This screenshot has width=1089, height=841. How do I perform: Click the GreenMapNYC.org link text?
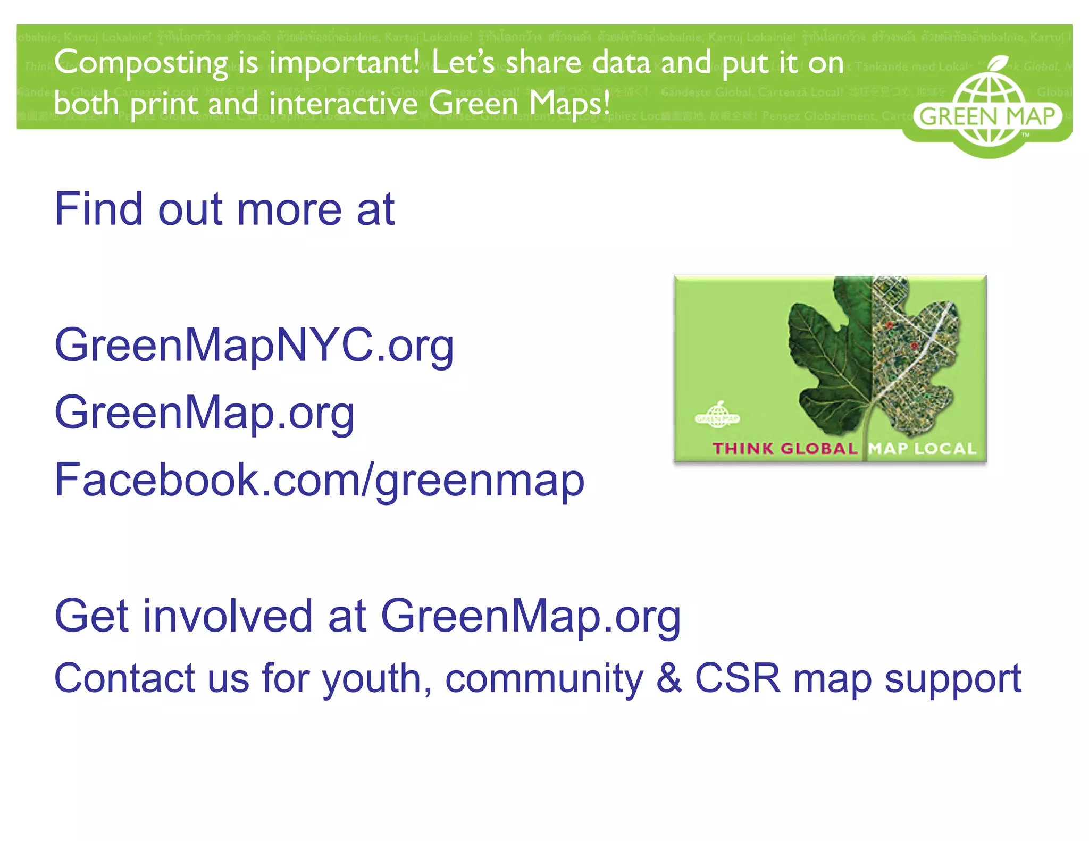(x=254, y=346)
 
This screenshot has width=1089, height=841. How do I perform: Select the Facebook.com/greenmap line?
(x=319, y=481)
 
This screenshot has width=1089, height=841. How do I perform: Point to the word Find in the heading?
(x=98, y=209)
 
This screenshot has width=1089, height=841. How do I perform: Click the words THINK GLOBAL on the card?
(x=785, y=449)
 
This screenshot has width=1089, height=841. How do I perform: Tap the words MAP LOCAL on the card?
(x=923, y=449)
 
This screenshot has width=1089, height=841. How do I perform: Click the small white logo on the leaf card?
(x=717, y=414)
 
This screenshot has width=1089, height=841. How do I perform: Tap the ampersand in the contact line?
(x=669, y=678)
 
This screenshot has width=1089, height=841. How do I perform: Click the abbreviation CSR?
(x=738, y=678)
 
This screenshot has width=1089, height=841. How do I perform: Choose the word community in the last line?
(x=544, y=679)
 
